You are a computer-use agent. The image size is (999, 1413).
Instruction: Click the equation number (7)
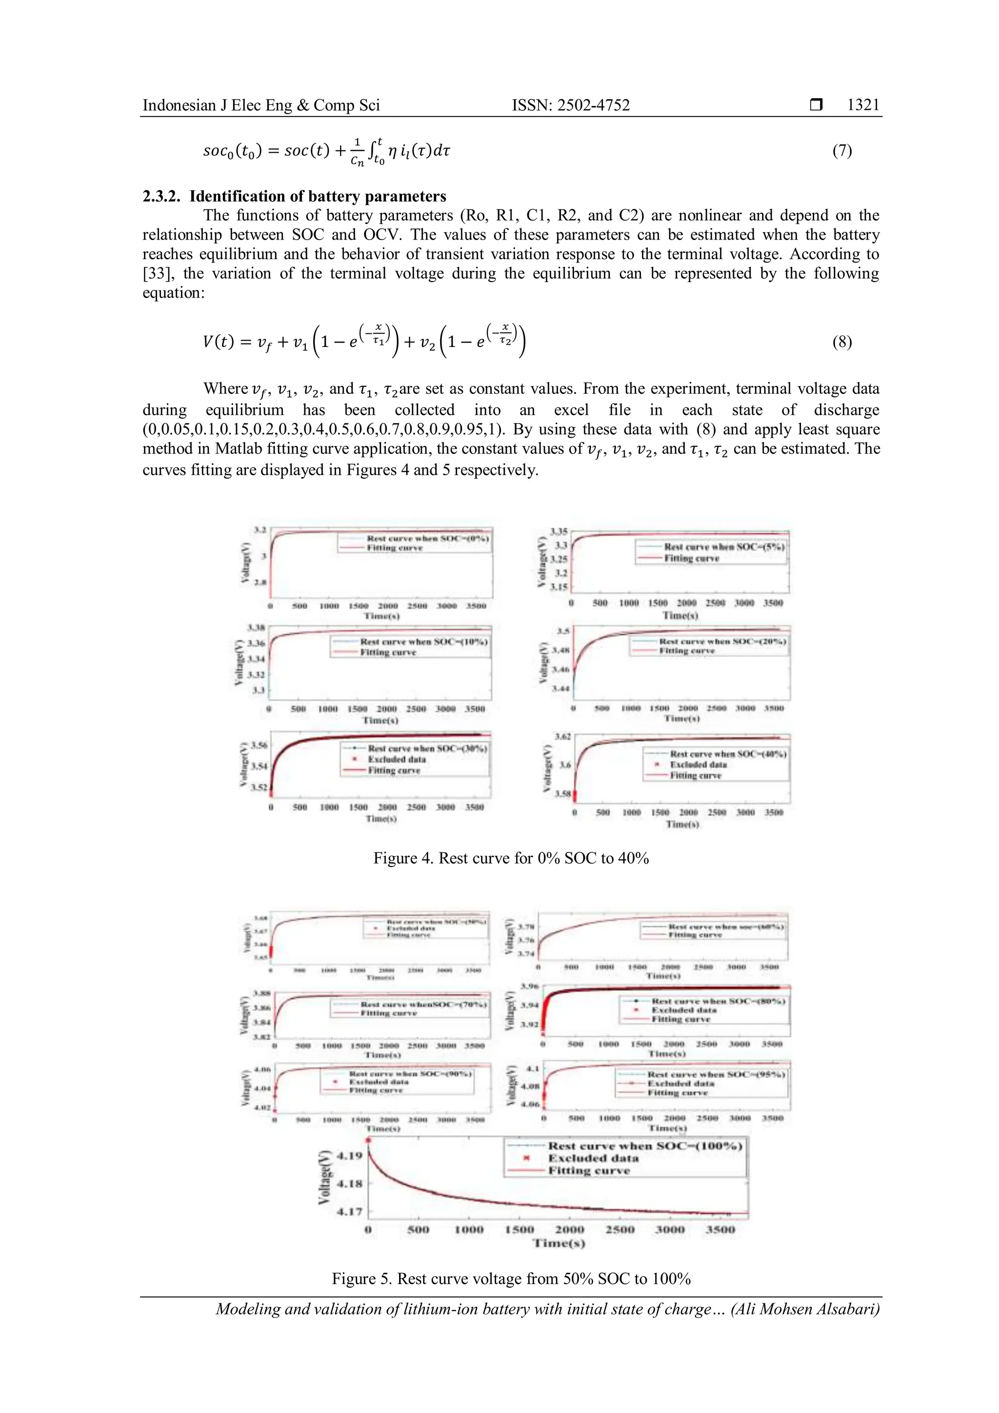coord(842,150)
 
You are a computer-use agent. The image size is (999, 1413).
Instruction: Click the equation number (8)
coord(842,342)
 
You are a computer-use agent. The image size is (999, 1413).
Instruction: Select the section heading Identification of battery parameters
coord(318,196)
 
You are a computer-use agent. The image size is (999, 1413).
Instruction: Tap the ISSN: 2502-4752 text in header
coord(571,105)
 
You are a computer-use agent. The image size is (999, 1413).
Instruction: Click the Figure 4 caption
coord(511,858)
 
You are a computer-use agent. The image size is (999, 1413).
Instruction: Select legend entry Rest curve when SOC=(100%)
coord(645,1146)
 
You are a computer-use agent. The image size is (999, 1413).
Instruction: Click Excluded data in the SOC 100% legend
coord(593,1158)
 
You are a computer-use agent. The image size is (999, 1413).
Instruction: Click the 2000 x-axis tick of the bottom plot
coord(570,1230)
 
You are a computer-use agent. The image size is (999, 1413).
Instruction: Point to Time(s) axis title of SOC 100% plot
coord(559,1243)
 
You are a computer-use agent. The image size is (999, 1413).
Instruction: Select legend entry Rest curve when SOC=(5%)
coord(723,546)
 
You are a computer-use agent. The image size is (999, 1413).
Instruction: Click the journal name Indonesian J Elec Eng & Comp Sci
coord(261,105)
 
